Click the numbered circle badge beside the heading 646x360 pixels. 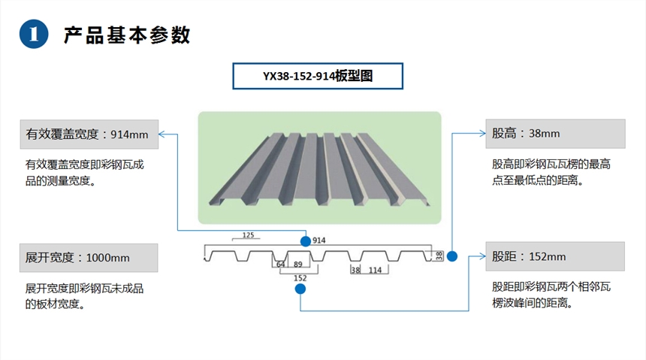(x=33, y=34)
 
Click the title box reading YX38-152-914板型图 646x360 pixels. (x=318, y=76)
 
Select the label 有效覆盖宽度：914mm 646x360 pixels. (x=88, y=135)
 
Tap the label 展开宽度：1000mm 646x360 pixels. (x=88, y=257)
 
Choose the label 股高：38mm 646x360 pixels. (x=554, y=133)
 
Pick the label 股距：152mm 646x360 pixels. (x=554, y=256)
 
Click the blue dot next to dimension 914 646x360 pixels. (x=306, y=241)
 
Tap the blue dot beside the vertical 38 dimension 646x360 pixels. (x=452, y=256)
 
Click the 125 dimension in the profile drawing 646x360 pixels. (x=249, y=235)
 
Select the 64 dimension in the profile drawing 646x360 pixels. (x=280, y=265)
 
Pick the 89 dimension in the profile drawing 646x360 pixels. (x=298, y=265)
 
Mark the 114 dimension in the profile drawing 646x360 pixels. (x=375, y=270)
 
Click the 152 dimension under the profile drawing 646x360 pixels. (x=300, y=278)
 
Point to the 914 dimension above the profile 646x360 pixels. (x=319, y=241)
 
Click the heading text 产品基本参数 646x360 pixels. (x=127, y=35)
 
